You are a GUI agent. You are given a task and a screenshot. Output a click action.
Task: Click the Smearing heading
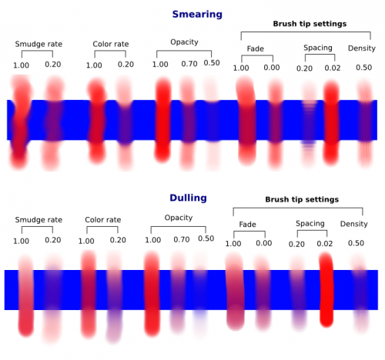pos(197,15)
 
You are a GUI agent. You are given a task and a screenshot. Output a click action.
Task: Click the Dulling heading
pos(188,198)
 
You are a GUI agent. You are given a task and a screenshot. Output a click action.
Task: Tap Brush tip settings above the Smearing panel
pos(310,24)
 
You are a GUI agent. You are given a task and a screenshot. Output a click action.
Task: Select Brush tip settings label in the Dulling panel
pos(302,199)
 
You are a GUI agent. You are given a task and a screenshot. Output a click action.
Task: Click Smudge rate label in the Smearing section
pos(38,44)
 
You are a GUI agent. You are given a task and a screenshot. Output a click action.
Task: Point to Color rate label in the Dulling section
pos(103,220)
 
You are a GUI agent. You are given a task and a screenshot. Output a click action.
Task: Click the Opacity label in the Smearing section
pos(184,42)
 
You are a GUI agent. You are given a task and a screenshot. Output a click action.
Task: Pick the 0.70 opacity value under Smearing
pos(189,64)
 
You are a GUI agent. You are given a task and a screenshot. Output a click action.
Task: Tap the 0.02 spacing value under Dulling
pos(325,244)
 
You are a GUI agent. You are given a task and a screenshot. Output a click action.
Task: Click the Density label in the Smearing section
pos(362,48)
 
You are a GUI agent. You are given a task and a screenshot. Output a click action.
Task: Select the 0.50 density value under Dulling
pos(356,243)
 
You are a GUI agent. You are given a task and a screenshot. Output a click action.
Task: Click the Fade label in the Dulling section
pos(247,225)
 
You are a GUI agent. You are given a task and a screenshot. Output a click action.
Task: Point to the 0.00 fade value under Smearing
pos(272,68)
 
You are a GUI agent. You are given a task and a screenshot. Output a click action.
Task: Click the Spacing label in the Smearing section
pos(318,48)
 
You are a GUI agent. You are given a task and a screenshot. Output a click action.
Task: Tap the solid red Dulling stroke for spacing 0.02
pos(326,290)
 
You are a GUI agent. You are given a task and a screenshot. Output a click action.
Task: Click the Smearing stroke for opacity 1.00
pos(162,120)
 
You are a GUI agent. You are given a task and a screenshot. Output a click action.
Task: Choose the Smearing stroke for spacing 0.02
pos(331,122)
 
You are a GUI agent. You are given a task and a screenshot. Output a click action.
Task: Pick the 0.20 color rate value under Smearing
pos(126,65)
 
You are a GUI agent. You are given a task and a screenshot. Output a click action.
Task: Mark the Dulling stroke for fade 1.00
pos(235,291)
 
